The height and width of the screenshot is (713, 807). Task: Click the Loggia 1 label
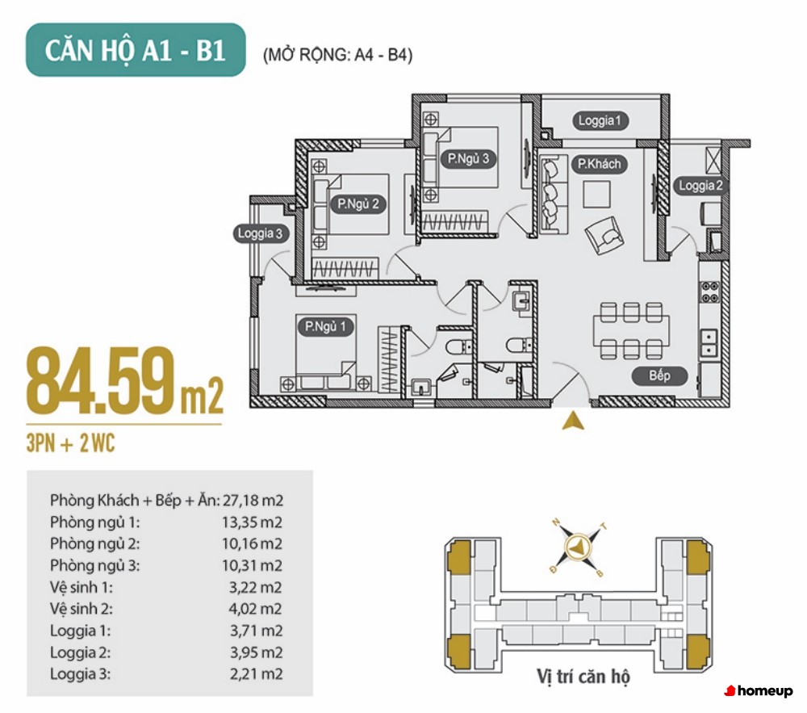point(600,120)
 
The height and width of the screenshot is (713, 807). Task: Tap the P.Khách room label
point(599,164)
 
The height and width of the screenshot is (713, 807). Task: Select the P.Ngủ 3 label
point(468,158)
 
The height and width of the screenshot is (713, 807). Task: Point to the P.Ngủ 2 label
point(358,203)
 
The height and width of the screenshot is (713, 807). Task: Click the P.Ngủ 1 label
point(325,326)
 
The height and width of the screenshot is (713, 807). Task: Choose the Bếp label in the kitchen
point(660,375)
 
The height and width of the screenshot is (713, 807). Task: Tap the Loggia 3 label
point(261,233)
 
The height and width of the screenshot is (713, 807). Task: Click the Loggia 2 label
point(701,186)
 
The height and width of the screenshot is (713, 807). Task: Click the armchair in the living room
point(604,236)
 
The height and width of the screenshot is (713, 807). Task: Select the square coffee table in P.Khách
point(596,194)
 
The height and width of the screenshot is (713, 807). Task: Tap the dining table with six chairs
point(632,330)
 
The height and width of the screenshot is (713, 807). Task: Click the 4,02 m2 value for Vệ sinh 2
point(256,609)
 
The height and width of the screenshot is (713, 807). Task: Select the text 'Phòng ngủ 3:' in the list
point(94,565)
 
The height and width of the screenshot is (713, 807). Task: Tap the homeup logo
point(759,691)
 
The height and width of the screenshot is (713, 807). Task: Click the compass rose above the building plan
point(579,547)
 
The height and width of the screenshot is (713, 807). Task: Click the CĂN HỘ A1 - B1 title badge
point(136,50)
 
